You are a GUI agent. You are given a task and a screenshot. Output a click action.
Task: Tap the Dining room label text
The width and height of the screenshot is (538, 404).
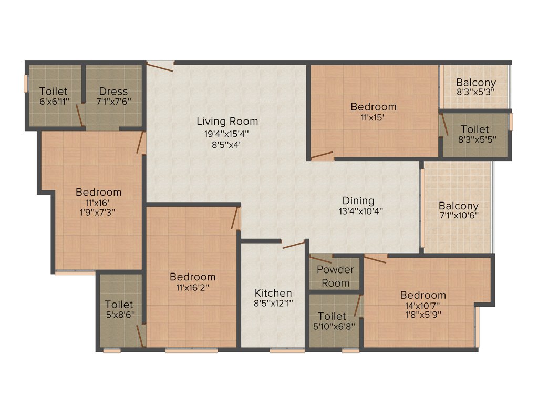coord(358,200)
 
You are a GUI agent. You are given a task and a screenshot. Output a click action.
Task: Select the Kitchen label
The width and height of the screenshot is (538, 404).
coord(273,293)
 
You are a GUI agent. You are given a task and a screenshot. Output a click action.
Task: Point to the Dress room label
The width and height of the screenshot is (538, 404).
coord(113,92)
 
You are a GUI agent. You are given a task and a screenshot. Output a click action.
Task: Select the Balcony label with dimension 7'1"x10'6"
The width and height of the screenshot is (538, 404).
coord(459,206)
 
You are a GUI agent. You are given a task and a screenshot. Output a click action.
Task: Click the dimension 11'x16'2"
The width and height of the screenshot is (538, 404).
coord(192,287)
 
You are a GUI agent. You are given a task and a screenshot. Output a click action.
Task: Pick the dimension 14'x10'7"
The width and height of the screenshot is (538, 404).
coord(423,305)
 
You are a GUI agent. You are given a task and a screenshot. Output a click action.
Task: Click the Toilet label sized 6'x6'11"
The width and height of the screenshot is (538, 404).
coord(53,92)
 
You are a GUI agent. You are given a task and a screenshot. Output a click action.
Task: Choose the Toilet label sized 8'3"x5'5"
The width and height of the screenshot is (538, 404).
coord(475,129)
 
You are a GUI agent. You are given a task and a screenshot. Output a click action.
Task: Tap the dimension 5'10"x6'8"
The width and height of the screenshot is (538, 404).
coord(332,326)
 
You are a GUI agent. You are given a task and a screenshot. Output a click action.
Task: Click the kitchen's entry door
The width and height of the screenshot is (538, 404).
coord(293,245)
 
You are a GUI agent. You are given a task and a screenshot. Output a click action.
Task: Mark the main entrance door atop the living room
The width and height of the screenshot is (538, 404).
coord(160,66)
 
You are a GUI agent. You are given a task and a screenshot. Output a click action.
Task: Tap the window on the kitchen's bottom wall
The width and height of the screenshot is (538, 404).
coord(287,350)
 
